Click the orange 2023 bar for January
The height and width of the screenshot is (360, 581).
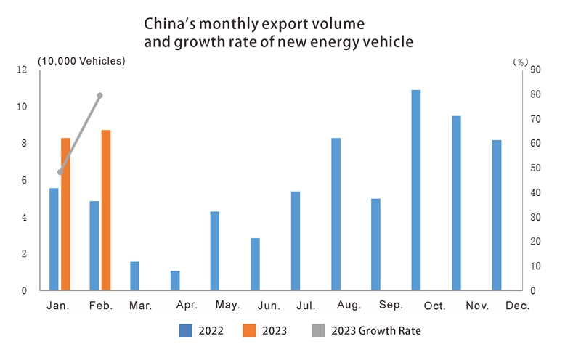pyautogui.click(x=65, y=214)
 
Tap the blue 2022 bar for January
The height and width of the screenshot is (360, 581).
pyautogui.click(x=54, y=240)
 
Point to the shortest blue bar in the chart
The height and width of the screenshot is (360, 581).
pyautogui.click(x=175, y=281)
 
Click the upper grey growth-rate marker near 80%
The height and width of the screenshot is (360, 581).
pyautogui.click(x=100, y=95)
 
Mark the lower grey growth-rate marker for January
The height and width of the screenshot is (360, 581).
pyautogui.click(x=60, y=172)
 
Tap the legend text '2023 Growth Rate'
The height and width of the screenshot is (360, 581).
pyautogui.click(x=375, y=331)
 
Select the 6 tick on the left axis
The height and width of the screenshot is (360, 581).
pyautogui.click(x=24, y=181)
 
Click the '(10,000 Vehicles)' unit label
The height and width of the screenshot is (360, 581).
pyautogui.click(x=81, y=60)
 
